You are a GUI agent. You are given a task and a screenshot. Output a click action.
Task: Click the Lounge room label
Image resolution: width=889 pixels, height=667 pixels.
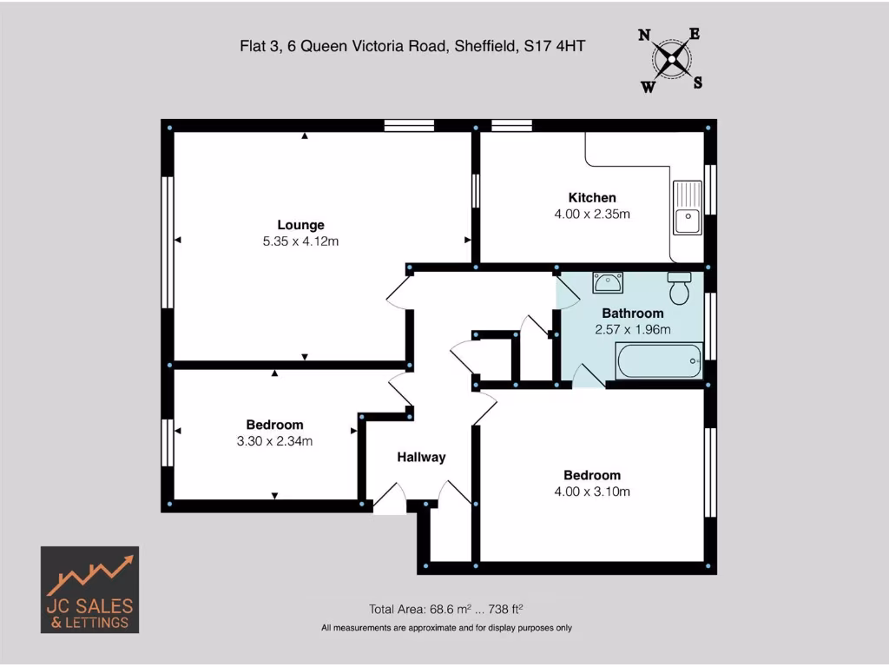click(300, 225)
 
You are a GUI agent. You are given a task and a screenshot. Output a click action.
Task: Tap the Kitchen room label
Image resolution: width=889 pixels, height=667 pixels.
click(592, 198)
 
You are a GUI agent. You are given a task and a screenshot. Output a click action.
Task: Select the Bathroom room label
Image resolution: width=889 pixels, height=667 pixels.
click(633, 313)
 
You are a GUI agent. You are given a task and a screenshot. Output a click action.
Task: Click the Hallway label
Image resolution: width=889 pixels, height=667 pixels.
click(421, 457)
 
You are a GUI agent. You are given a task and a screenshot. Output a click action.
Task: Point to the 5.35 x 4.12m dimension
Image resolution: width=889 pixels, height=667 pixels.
click(300, 241)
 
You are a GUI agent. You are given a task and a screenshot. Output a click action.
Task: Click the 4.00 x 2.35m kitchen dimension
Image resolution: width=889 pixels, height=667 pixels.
click(592, 214)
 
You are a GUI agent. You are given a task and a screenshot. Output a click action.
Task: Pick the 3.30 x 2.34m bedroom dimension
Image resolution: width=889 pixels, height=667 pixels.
click(274, 441)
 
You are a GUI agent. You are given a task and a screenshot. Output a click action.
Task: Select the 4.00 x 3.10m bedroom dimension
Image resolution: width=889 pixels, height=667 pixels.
click(592, 492)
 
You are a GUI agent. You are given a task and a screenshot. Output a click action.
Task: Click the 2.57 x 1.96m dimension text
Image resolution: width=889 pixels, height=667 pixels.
click(633, 329)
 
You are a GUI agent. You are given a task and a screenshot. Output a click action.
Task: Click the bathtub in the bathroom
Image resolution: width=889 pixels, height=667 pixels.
click(659, 360)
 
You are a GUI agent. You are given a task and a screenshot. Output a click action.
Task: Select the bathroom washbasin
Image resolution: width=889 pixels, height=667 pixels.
click(607, 281)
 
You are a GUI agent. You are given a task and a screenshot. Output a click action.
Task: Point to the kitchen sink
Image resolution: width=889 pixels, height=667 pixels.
click(687, 208)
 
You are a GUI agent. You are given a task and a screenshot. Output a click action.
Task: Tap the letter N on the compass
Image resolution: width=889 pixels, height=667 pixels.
click(645, 36)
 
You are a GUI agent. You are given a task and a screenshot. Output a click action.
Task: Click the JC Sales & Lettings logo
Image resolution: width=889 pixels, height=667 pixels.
click(89, 590)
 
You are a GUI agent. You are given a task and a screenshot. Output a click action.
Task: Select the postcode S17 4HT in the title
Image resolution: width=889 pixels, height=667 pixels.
click(554, 46)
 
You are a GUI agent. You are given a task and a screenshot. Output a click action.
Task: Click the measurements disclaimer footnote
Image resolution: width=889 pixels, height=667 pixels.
click(446, 627)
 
